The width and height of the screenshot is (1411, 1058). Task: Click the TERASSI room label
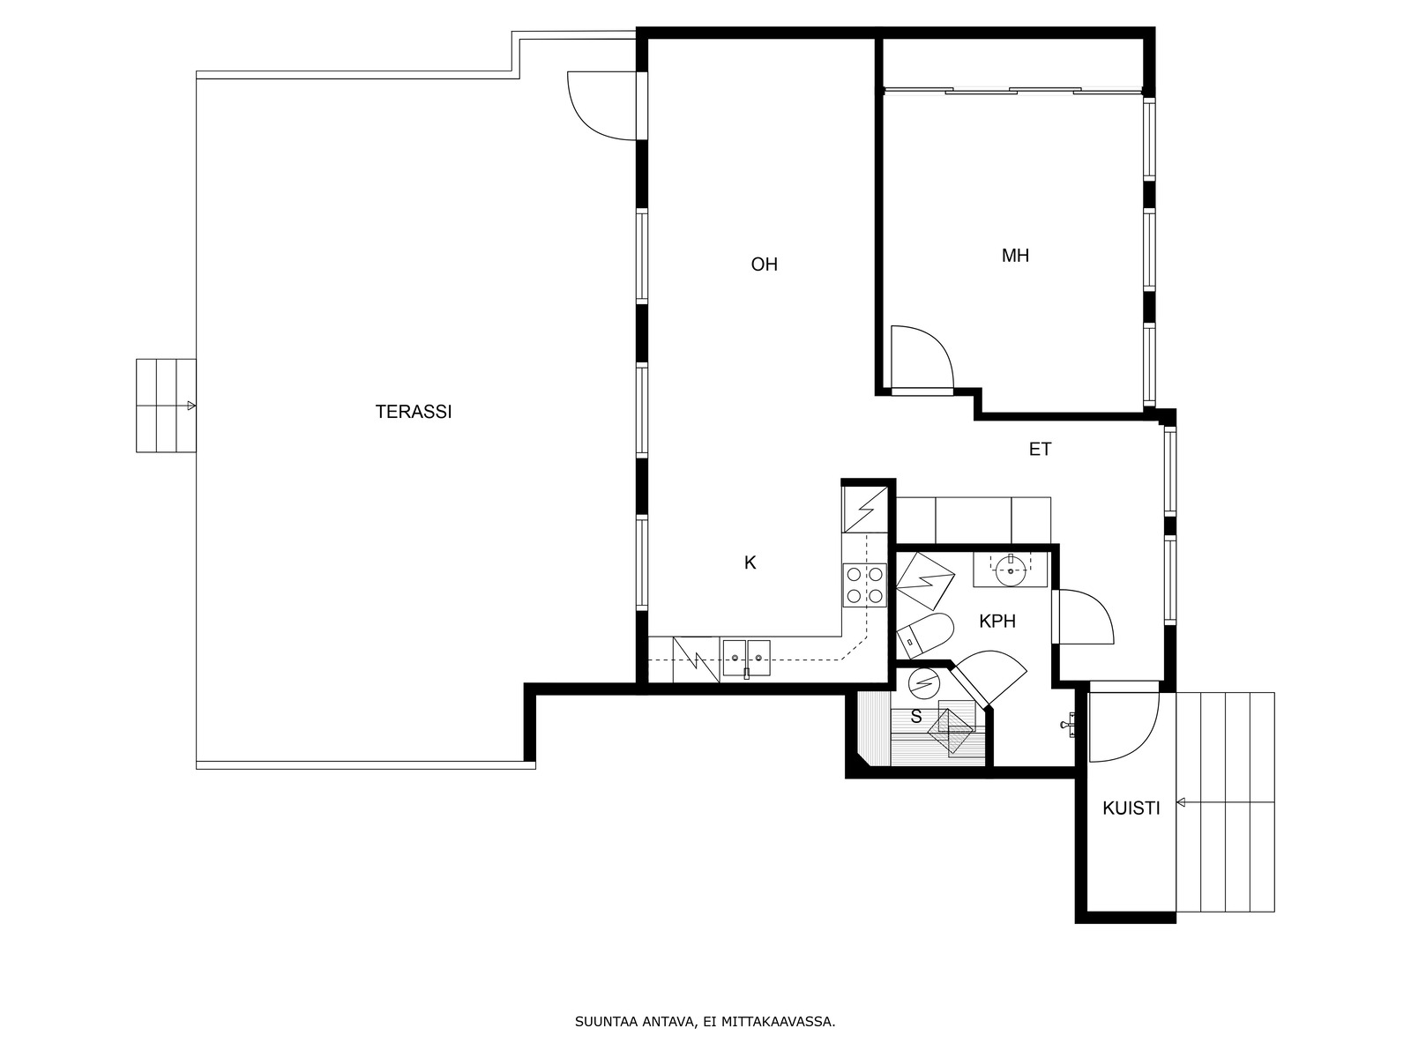(x=414, y=412)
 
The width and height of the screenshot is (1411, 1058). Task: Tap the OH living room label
(x=765, y=264)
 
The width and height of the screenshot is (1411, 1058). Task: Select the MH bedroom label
(x=1015, y=256)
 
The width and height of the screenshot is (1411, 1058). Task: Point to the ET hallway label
(x=1040, y=450)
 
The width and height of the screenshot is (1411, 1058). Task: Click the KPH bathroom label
(x=997, y=622)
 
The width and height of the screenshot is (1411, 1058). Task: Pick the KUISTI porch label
(x=1131, y=808)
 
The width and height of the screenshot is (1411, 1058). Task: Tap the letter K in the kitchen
(x=750, y=563)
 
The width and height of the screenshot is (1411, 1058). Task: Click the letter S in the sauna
(x=916, y=716)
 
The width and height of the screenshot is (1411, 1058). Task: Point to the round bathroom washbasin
(x=1011, y=570)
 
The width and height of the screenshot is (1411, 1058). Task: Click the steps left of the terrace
(x=166, y=406)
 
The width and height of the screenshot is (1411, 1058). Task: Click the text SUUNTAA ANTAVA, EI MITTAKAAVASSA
(x=705, y=1021)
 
